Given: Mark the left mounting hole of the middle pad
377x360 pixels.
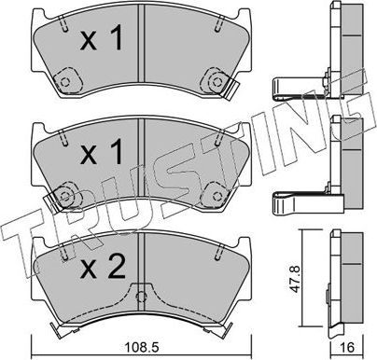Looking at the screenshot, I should coord(66,195).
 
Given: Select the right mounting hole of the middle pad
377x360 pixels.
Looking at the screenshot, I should coord(225,195).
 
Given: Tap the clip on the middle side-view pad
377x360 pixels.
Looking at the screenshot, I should coord(298,201).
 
